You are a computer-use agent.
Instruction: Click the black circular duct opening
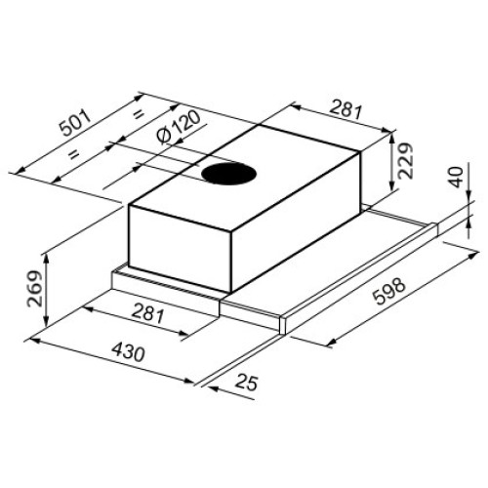(x=228, y=174)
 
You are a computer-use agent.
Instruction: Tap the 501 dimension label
(x=76, y=123)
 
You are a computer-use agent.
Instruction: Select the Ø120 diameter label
(x=178, y=128)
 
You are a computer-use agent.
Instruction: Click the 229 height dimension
(x=405, y=161)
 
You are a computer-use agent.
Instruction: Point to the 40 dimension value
(x=457, y=177)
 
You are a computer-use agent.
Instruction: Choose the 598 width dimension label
(x=390, y=291)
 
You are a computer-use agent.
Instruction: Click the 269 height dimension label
(x=35, y=289)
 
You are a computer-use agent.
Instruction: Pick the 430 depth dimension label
(x=128, y=352)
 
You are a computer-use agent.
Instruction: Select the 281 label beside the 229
(x=346, y=110)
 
